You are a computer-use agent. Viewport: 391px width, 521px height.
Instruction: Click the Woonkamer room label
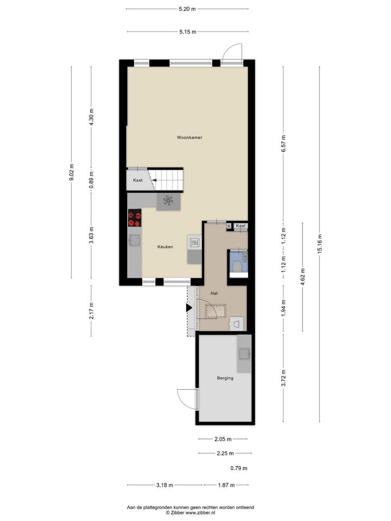click(190, 137)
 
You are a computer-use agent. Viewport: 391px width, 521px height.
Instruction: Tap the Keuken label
click(165, 247)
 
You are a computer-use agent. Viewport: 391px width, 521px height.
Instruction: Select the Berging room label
click(225, 378)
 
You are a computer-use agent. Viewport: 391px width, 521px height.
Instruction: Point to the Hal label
click(214, 294)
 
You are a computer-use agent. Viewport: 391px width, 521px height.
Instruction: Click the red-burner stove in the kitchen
click(135, 218)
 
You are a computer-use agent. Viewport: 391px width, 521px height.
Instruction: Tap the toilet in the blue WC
click(238, 266)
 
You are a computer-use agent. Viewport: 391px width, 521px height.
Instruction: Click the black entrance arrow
click(189, 308)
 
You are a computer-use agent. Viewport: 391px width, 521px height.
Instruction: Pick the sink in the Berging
click(245, 354)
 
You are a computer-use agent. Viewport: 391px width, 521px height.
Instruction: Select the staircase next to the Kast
click(166, 180)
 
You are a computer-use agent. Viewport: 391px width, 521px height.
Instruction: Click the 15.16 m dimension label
click(320, 244)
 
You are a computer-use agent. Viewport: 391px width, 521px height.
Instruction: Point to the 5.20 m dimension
click(187, 9)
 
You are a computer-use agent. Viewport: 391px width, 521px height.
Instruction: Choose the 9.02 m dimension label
click(71, 173)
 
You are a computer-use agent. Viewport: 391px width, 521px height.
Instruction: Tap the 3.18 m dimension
click(165, 485)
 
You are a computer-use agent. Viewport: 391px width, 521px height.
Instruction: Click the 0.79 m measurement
click(239, 468)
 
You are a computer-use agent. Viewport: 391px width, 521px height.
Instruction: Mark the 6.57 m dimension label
click(283, 144)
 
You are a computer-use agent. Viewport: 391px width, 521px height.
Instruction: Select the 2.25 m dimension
click(225, 453)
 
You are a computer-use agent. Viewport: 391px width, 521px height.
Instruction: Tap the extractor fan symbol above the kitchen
click(168, 201)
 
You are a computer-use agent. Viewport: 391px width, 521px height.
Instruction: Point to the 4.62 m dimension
click(302, 277)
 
